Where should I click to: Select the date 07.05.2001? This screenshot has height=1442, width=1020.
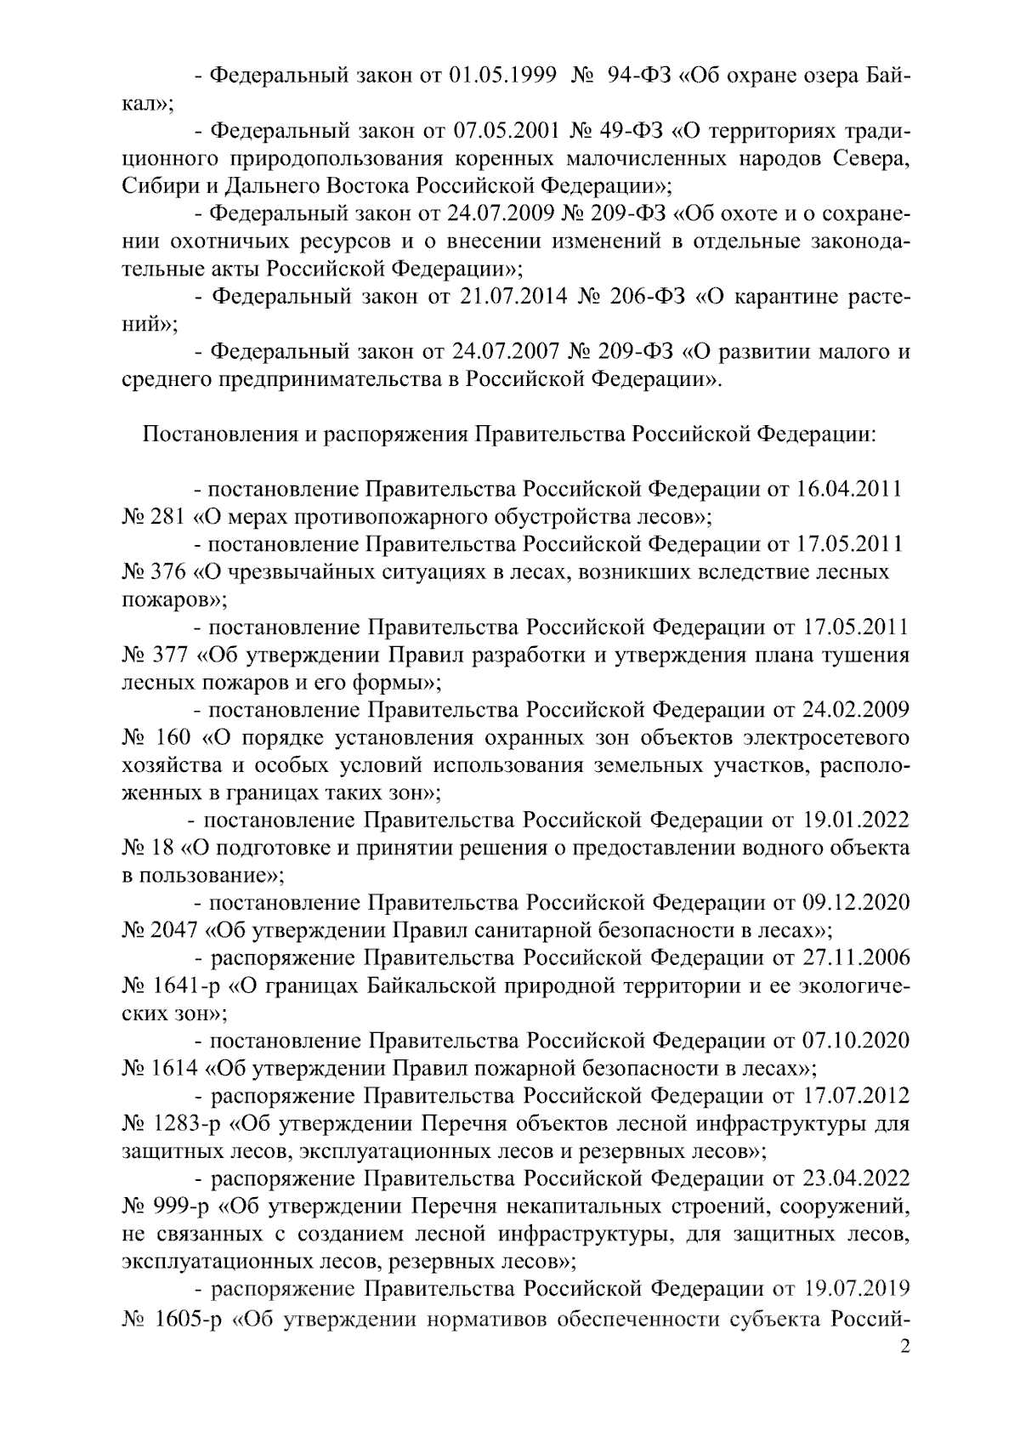click(x=506, y=133)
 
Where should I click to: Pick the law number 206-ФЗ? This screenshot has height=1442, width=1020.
click(x=645, y=298)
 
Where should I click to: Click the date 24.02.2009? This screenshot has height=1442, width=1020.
click(x=855, y=710)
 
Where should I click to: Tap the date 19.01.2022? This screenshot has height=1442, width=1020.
click(x=855, y=820)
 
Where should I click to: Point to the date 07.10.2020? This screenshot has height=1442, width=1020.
click(x=855, y=1041)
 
